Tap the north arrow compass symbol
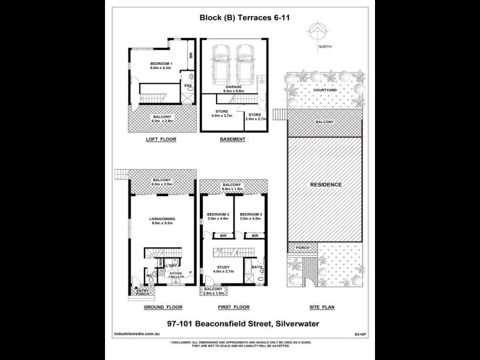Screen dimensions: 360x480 (x=318, y=32)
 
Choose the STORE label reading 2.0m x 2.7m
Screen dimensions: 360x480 (x=255, y=116)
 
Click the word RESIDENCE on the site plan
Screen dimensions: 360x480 (x=326, y=184)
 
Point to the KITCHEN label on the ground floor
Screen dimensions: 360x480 (x=175, y=274)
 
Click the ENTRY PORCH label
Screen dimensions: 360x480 (x=143, y=292)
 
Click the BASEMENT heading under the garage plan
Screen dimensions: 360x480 (x=232, y=139)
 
